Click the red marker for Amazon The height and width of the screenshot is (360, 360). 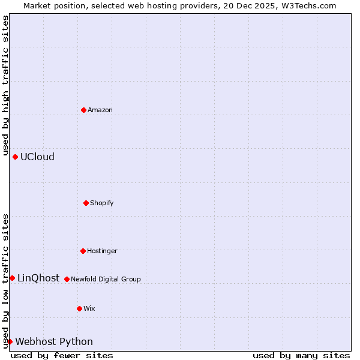83,110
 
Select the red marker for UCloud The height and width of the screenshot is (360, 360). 15,157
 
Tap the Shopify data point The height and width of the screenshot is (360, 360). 86,203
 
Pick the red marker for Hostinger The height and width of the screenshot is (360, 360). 83,251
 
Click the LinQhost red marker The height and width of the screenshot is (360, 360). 12,278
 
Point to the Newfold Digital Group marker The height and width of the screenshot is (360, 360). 67,279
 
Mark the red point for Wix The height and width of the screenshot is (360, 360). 79,308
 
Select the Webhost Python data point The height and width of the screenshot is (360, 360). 10,341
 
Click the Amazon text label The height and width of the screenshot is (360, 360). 100,110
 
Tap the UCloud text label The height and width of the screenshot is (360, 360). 37,157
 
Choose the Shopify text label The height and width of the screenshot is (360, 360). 102,203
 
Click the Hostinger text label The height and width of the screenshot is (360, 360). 102,251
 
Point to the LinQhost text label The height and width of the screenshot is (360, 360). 38,278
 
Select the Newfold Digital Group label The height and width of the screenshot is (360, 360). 106,279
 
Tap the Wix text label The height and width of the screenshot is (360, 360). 89,308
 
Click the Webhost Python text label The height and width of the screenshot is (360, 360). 54,342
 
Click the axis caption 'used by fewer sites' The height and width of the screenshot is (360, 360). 62,355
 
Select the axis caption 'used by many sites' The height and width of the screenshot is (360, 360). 301,355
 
